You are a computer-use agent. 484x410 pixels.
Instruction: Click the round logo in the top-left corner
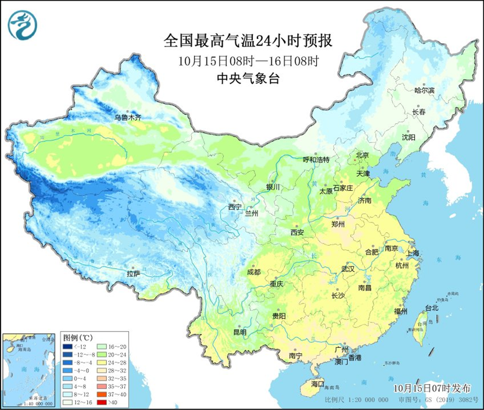[23, 24]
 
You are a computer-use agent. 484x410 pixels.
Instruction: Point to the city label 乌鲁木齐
[127, 117]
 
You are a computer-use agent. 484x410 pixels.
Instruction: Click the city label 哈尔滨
[424, 90]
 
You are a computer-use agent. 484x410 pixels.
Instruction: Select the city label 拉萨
[134, 274]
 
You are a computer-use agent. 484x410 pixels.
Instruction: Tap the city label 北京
[363, 155]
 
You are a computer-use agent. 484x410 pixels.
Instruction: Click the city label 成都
[253, 272]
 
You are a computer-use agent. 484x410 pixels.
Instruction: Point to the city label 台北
[431, 308]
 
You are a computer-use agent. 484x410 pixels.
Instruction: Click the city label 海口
[317, 384]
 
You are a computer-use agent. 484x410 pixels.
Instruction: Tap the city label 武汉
[348, 269]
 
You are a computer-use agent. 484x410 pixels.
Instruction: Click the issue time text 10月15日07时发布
[429, 387]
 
